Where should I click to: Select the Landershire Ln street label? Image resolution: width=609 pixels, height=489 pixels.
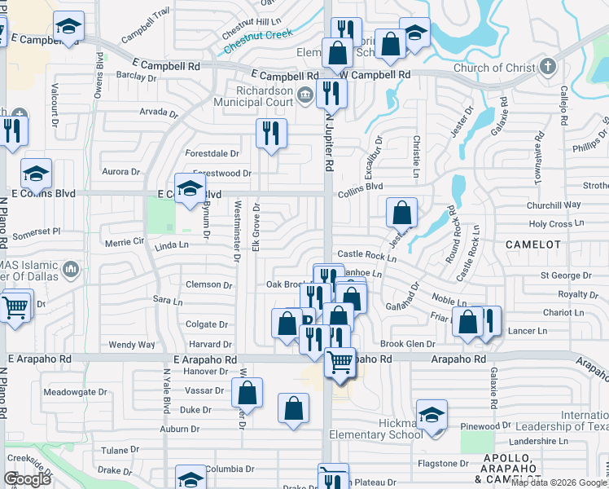click(x=528, y=441)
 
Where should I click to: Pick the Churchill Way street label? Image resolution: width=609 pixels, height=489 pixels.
click(x=554, y=205)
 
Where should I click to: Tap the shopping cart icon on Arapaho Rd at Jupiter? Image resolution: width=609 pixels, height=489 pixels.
click(x=340, y=361)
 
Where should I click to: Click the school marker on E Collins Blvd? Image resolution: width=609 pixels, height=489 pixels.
click(x=190, y=187)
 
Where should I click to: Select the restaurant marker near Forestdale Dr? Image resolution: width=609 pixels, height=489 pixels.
click(x=271, y=132)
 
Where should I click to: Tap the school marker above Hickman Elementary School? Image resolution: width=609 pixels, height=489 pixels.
click(x=432, y=412)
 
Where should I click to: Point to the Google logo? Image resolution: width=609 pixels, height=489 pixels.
click(x=27, y=479)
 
